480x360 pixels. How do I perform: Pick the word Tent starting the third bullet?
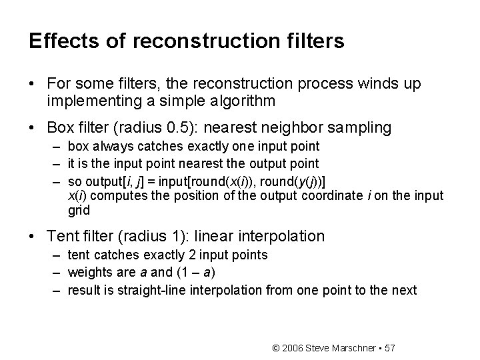(62, 236)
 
